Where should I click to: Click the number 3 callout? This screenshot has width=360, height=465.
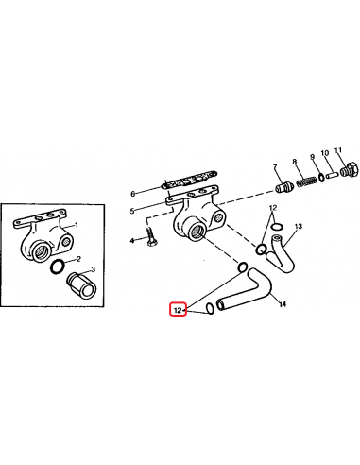coord(94,269)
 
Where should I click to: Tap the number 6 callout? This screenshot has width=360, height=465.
coord(160,194)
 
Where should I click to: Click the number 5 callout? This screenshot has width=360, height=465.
coord(160,209)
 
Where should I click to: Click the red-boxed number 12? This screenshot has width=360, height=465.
coord(177,308)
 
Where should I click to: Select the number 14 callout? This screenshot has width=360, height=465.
coord(281,305)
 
